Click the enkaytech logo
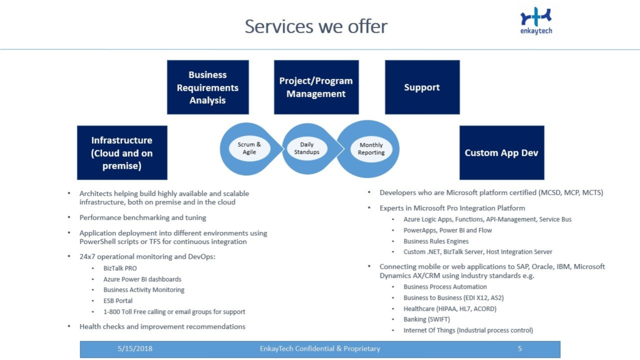coord(536,21)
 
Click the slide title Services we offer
coord(316,26)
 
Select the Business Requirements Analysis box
coord(207,87)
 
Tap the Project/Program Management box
coord(316,87)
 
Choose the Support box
coord(422,87)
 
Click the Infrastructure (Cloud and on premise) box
coord(122,152)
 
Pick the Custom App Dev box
coord(501,152)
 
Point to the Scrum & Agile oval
coord(249,148)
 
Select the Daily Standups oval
coord(306,148)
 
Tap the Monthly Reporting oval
coord(371,149)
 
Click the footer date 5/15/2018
coord(135,348)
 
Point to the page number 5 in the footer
coord(520,348)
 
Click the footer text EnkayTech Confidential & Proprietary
coord(320,348)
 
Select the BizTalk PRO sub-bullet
coord(120,268)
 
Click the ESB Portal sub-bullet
coord(118,301)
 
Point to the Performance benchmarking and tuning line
coord(142,218)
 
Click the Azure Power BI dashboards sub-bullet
coord(142,279)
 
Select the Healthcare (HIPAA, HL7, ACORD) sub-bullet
coord(450,309)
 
